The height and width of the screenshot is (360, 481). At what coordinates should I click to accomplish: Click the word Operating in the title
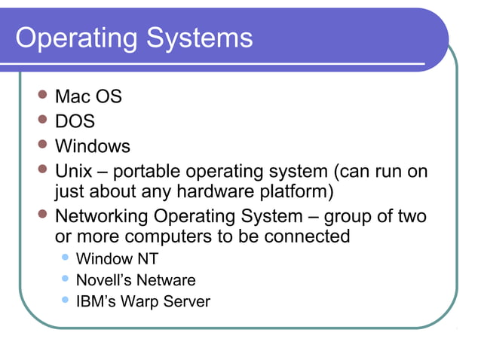tap(74, 38)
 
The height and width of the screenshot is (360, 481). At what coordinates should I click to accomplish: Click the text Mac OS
tap(87, 97)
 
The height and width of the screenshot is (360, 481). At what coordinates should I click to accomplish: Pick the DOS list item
tap(75, 121)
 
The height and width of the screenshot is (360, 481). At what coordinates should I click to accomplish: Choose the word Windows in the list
tap(93, 146)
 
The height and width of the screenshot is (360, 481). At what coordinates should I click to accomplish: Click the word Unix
tap(73, 172)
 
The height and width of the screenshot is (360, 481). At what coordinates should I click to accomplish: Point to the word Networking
tap(103, 217)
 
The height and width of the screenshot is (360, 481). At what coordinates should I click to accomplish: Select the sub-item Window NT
tap(117, 260)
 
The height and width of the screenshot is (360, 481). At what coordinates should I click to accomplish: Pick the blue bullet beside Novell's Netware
tap(66, 279)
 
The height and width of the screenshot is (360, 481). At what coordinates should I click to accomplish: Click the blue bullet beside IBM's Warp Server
tap(66, 301)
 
